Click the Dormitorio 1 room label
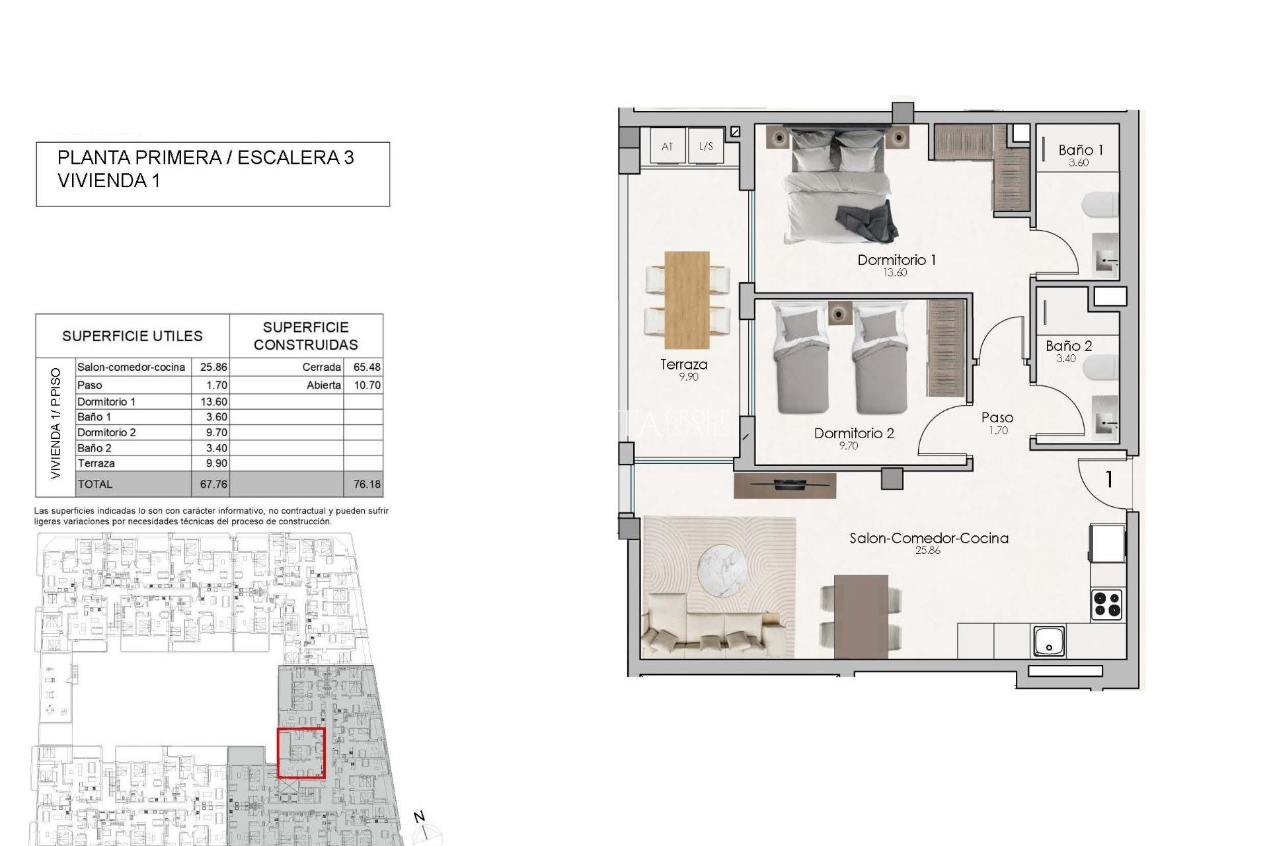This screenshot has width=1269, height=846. point(896,260)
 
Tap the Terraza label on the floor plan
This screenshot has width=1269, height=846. point(683,364)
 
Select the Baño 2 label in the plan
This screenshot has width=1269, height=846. point(1069,346)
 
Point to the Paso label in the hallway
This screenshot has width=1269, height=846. point(997,418)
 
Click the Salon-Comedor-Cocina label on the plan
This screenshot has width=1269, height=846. point(929,538)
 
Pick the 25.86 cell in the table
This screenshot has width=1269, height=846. point(213,367)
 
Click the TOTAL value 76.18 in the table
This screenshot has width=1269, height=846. point(367,484)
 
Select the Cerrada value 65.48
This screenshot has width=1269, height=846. point(367,367)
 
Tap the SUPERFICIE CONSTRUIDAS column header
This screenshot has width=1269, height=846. point(305,336)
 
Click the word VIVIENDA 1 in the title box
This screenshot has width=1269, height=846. point(109,180)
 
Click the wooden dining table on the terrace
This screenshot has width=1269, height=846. point(687,299)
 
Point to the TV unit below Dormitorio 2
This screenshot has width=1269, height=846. point(785,485)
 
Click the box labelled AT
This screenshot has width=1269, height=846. point(667,146)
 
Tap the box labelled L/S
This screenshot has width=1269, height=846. point(706,146)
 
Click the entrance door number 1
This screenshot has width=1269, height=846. point(1109,479)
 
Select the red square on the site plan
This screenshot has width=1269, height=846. point(301,753)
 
